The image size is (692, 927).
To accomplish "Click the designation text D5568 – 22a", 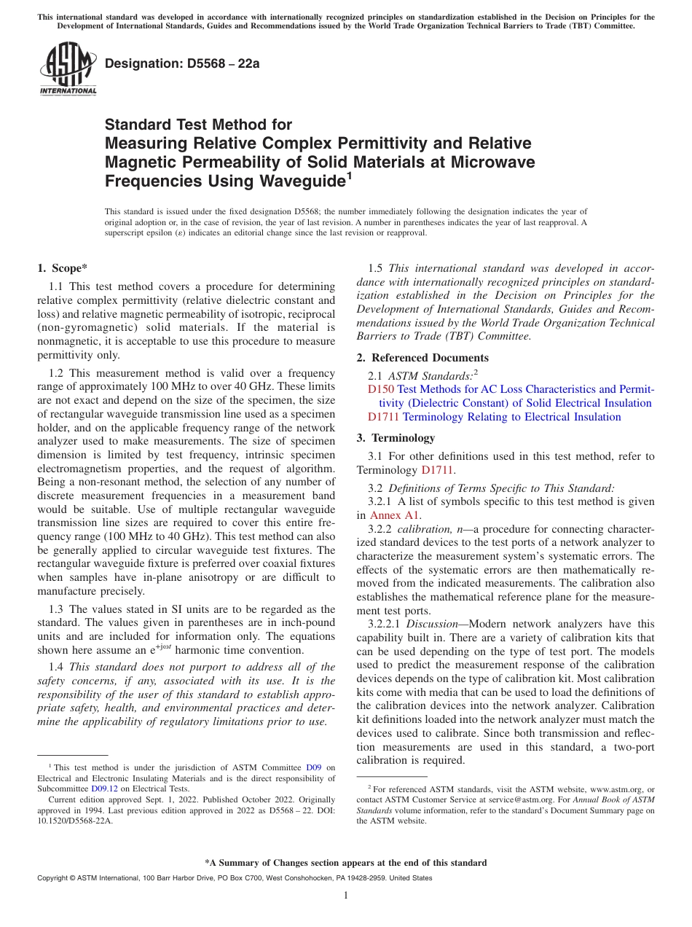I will click(x=182, y=63).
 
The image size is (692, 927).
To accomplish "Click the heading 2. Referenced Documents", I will click(x=430, y=358).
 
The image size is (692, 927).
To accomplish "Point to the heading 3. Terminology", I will click(x=406, y=438).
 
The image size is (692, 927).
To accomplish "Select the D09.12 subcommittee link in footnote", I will click(x=103, y=789).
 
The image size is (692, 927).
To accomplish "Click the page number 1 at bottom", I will click(x=346, y=896).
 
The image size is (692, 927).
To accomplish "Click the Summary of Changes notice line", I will click(x=346, y=863).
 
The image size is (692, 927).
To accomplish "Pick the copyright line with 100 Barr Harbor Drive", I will click(x=235, y=878).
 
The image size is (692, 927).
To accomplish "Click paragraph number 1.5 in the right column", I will click(x=376, y=268).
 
